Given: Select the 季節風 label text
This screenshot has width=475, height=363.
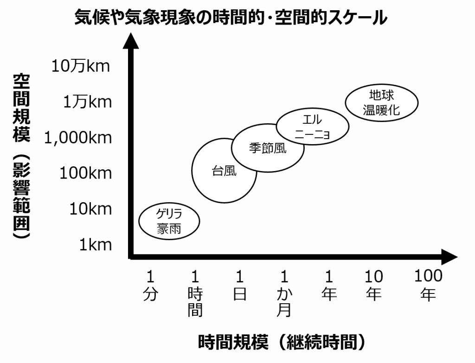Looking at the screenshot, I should (x=268, y=148).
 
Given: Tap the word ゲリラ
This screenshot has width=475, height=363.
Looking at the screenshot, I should (x=169, y=215).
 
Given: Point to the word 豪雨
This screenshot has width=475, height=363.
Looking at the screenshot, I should (x=169, y=229).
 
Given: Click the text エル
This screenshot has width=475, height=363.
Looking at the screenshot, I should (x=312, y=120).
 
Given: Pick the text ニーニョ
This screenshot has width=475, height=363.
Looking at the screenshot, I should (x=312, y=135).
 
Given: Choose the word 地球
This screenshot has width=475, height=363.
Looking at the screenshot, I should (x=381, y=96).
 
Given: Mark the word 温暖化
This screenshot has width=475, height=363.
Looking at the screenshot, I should (x=381, y=110).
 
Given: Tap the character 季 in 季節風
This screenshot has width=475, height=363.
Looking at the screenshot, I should (x=255, y=148).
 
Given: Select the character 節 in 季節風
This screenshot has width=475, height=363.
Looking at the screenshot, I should (x=268, y=148).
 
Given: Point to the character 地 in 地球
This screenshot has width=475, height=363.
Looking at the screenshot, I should (x=375, y=96).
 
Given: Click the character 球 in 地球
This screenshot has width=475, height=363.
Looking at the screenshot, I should (x=388, y=96).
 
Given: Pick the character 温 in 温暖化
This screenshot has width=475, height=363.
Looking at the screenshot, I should (x=369, y=110).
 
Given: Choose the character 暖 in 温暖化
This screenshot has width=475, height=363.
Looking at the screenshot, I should (x=381, y=110).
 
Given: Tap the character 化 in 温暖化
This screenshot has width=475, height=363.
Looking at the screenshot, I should (x=394, y=110).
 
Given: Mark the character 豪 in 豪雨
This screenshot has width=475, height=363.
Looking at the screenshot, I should (x=163, y=229).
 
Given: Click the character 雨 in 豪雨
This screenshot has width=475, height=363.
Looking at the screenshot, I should (x=175, y=229).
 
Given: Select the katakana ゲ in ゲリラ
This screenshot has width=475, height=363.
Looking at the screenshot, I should (x=160, y=215).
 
